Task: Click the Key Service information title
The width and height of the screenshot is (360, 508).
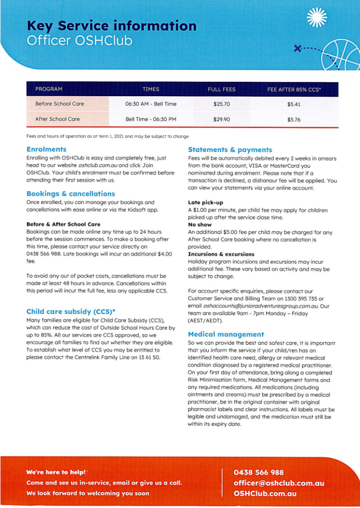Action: coord(112,25)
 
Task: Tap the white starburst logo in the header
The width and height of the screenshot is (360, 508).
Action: coord(317,17)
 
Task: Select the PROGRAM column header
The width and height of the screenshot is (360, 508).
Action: coord(49,89)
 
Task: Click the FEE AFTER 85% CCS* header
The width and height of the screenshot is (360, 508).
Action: coord(294,89)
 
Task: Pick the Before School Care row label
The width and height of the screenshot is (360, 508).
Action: coord(60,104)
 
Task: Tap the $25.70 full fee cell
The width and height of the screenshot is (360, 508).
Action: coord(221,104)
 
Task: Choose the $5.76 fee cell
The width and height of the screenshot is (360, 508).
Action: coord(294,120)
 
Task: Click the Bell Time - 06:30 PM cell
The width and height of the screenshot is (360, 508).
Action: coord(151,120)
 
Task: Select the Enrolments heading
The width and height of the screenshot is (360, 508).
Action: coord(46,149)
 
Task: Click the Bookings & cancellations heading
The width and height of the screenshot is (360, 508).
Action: coord(70,194)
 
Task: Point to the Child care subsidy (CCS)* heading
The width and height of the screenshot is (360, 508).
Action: coord(70,312)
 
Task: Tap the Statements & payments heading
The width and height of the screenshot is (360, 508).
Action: coord(230,149)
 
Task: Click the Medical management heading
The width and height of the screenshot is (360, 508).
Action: coord(226,334)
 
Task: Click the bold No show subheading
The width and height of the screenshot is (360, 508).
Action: coord(199,225)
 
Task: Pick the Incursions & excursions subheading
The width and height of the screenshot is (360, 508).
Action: coord(221,254)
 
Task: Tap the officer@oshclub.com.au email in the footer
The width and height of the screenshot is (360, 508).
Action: coord(279,483)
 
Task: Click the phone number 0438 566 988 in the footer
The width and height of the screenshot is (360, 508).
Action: coord(258,472)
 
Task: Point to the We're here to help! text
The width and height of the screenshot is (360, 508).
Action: coord(56,472)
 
